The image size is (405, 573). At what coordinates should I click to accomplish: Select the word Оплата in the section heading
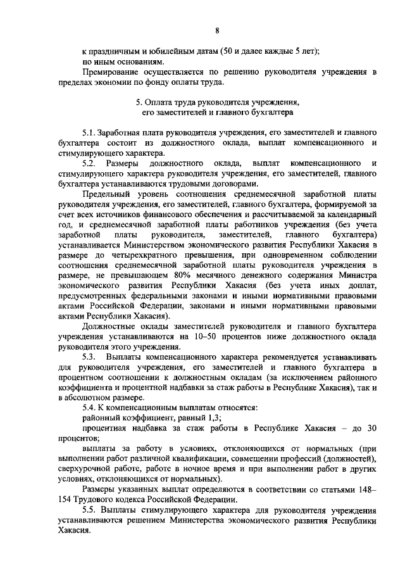click(161, 101)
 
